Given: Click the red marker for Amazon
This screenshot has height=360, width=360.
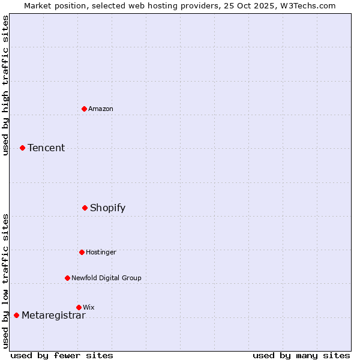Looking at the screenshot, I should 85,109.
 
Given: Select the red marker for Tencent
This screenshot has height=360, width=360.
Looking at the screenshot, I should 22,148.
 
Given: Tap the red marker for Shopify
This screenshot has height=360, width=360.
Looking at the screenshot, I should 85,208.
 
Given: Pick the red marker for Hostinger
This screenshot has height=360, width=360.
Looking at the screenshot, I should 82,252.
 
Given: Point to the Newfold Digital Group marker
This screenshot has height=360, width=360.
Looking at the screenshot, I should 67,278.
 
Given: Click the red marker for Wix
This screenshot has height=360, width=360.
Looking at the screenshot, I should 79,307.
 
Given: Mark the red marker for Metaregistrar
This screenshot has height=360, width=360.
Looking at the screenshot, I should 16,315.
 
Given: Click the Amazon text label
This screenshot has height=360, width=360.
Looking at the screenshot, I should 101,109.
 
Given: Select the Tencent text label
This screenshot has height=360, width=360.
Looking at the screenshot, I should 46,148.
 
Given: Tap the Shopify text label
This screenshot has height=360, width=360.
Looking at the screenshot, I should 108,208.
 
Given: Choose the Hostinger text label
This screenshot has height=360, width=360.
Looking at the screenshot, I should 101,252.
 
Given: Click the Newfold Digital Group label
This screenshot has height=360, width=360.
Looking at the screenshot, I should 106,278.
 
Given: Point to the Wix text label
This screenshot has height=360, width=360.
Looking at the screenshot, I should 89,307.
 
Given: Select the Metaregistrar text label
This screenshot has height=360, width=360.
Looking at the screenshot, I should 53,315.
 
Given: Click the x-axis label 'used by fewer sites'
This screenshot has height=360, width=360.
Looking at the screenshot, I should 62,355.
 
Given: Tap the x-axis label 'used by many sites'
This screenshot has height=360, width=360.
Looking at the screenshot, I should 301,355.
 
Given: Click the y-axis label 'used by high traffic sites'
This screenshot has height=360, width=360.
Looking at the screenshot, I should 5,85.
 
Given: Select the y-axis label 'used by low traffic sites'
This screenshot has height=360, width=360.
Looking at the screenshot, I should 5,281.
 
